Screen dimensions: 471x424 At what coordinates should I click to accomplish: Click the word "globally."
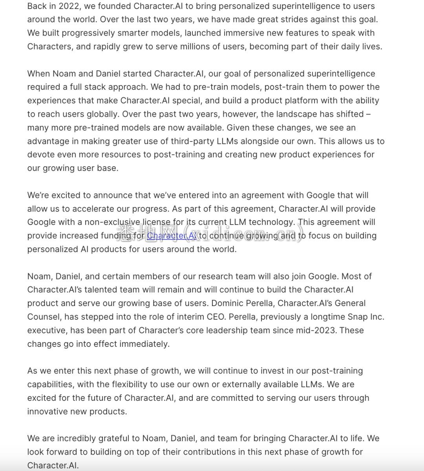click(x=100, y=114)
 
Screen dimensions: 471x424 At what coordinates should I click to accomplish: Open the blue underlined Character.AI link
click(x=172, y=235)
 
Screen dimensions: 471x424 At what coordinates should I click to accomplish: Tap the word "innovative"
click(x=50, y=411)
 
